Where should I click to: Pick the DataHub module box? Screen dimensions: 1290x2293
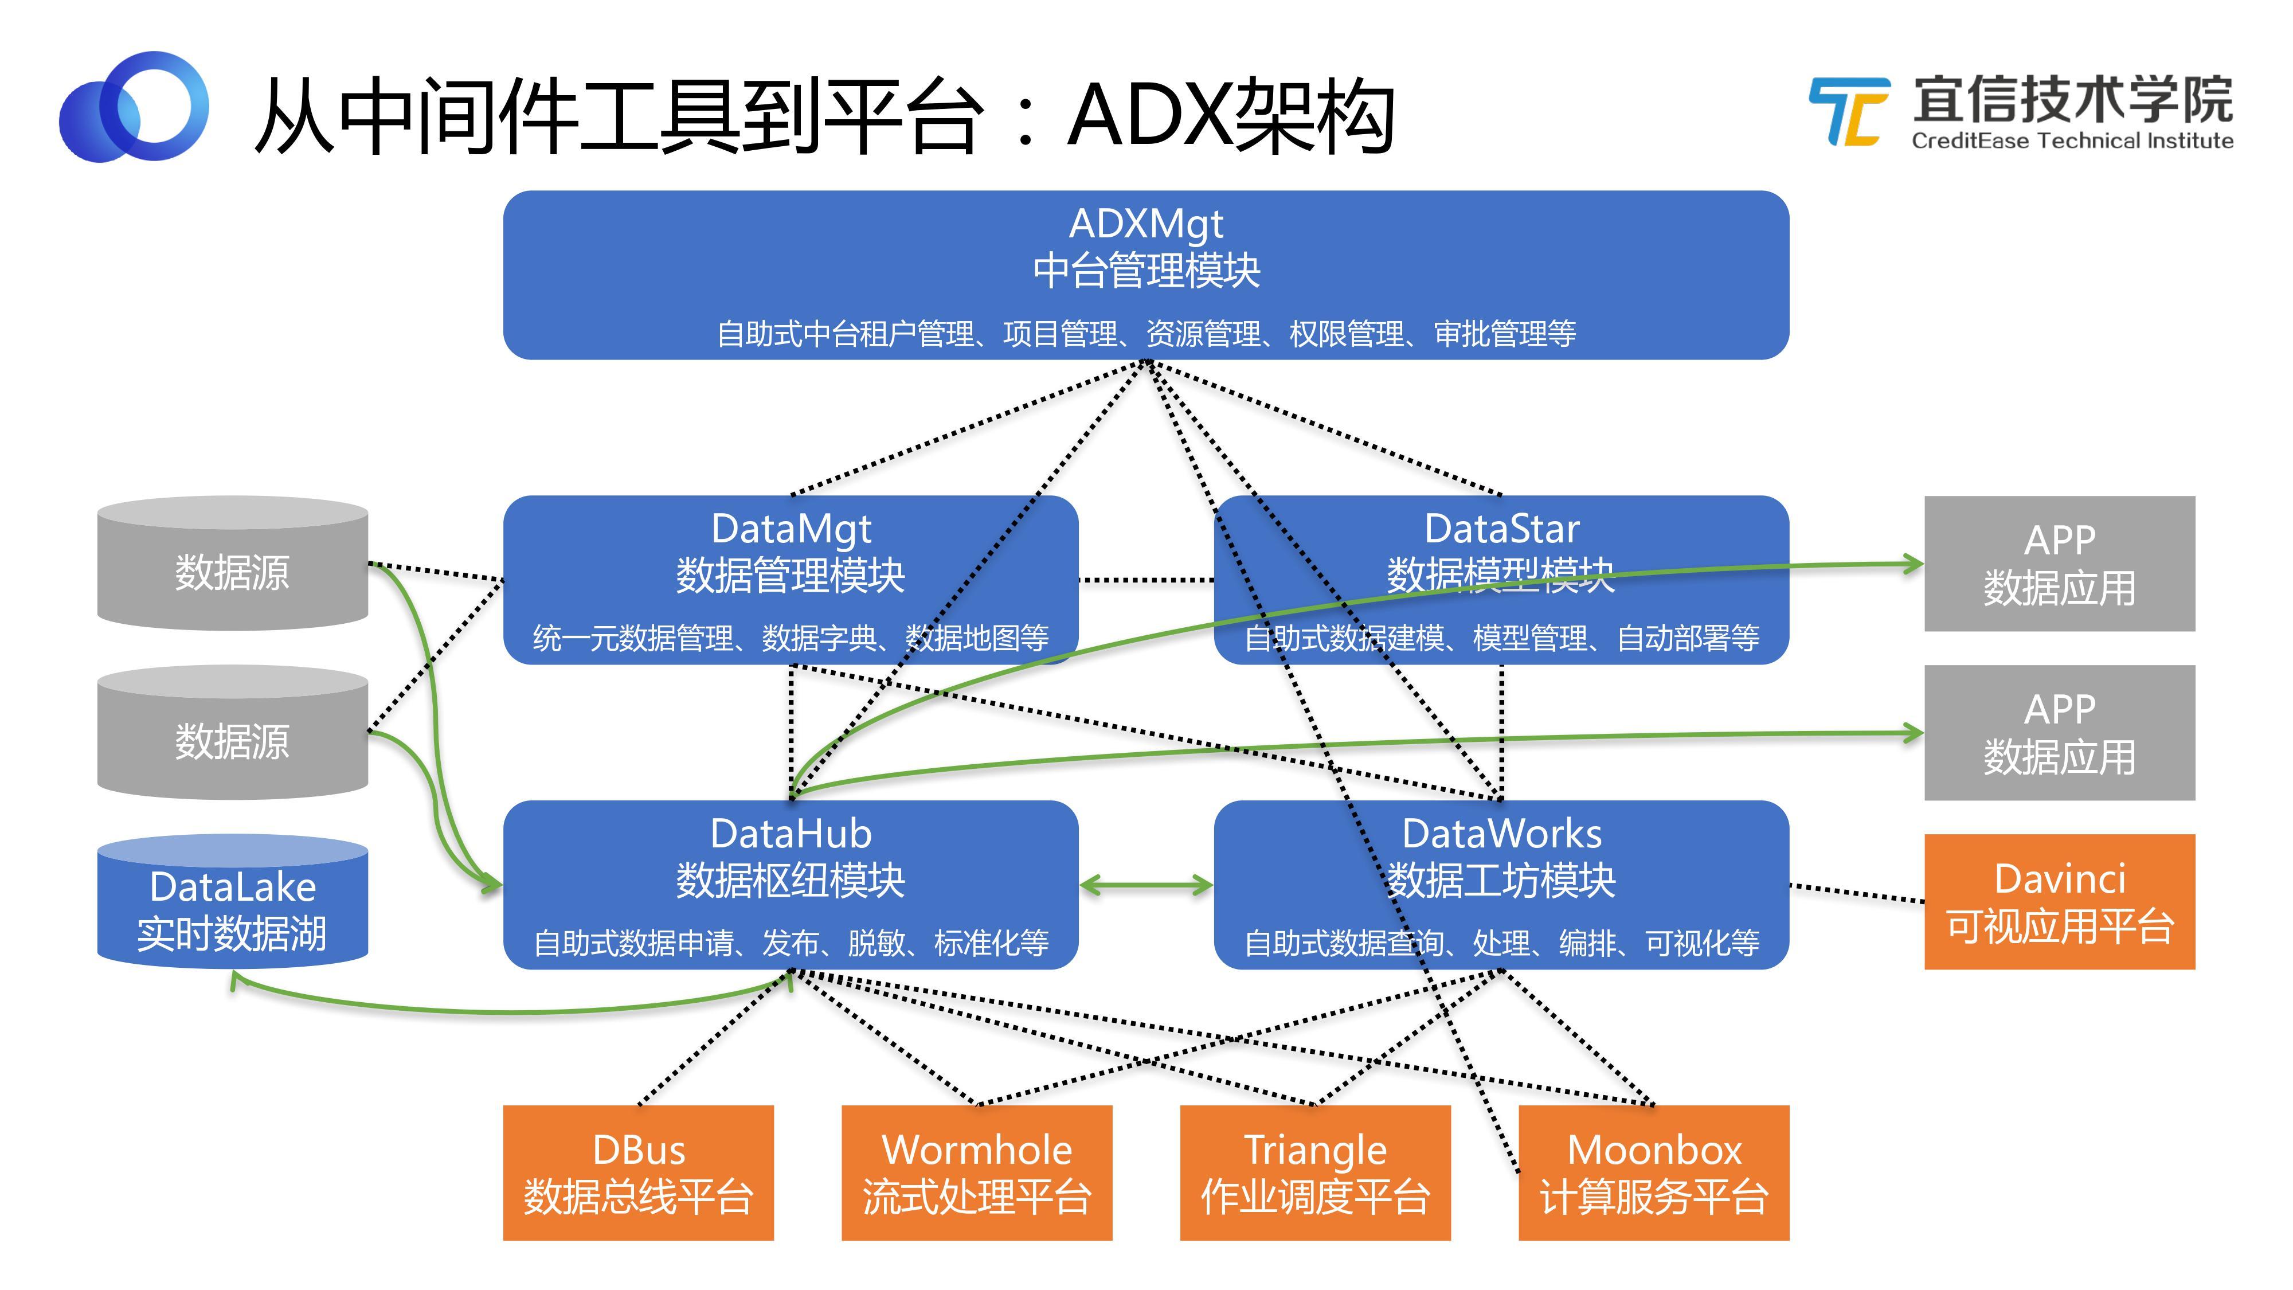pos(791,884)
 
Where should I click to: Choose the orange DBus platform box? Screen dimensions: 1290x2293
pos(638,1172)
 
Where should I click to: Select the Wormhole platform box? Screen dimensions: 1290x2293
pos(976,1172)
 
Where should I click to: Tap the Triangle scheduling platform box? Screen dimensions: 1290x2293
pos(1314,1172)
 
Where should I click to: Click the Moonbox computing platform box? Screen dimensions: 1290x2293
pos(1653,1172)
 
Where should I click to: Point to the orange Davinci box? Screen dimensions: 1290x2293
pos(2059,902)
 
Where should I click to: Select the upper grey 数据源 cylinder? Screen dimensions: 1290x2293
pos(232,570)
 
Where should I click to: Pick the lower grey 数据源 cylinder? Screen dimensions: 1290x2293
pos(232,739)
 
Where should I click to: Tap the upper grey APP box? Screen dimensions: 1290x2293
pos(2059,564)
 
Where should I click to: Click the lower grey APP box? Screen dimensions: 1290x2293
pos(2059,733)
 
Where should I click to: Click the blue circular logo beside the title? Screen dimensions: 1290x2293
pos(134,107)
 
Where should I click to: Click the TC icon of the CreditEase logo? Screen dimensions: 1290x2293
pos(1849,111)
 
